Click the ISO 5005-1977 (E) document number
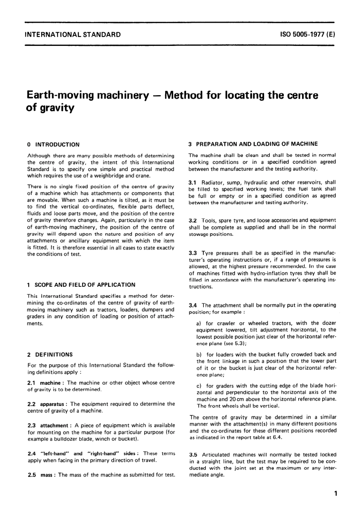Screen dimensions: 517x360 [x=307, y=35]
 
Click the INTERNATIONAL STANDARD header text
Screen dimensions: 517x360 [x=72, y=35]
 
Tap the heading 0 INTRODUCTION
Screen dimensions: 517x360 [x=54, y=145]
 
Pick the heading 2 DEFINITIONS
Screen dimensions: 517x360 [x=50, y=355]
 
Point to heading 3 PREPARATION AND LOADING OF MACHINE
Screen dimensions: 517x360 [x=253, y=144]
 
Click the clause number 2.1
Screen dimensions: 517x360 [x=31, y=383]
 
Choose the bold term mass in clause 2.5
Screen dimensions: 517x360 [x=47, y=475]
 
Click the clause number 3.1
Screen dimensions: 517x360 [x=193, y=182]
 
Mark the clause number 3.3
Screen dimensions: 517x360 [x=193, y=253]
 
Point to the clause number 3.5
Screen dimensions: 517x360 [x=193, y=454]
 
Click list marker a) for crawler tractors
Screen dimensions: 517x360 [x=199, y=323]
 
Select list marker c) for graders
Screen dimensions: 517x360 [x=199, y=386]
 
